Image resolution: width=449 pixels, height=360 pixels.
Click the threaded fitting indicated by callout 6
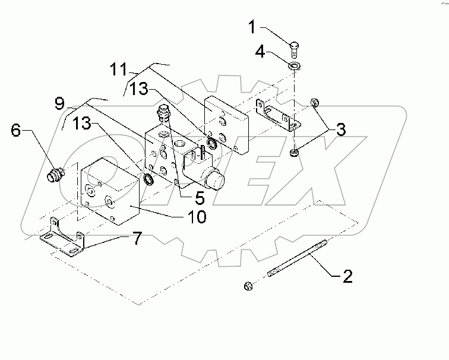point(55,175)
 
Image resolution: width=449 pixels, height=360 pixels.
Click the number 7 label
point(136,239)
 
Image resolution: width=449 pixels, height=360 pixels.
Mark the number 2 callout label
point(346,275)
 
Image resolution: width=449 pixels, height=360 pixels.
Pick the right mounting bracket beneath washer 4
point(278,116)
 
